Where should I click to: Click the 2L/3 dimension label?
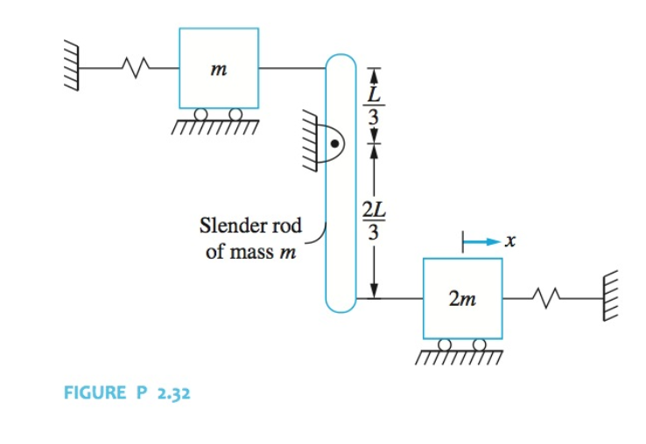[371, 220]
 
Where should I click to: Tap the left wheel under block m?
[201, 114]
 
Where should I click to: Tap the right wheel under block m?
[235, 114]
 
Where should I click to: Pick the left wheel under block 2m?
[446, 344]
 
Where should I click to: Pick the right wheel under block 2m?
[479, 344]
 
